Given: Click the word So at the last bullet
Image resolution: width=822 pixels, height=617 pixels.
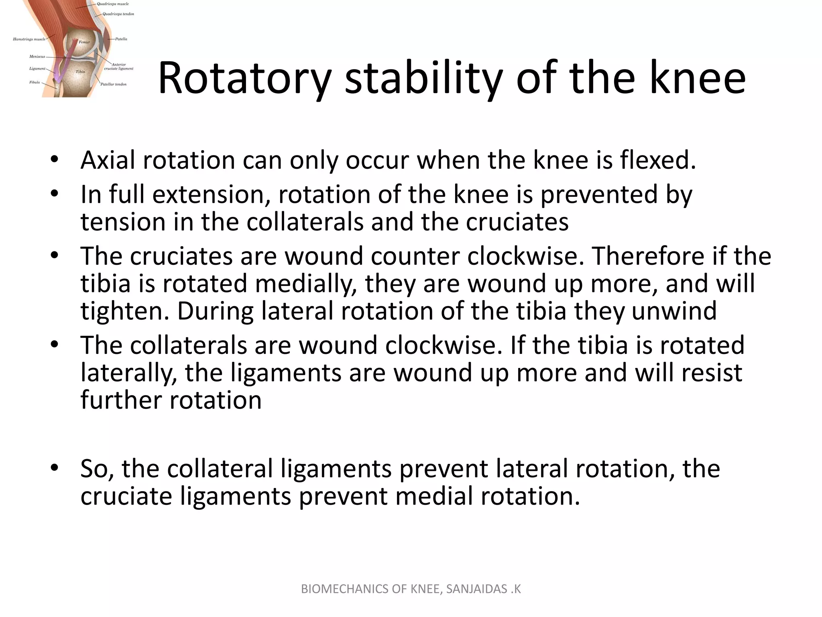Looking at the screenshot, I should (x=97, y=469).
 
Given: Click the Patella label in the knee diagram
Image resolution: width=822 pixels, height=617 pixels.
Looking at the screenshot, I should (x=121, y=39).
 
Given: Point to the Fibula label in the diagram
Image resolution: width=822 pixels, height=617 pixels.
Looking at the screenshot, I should (x=35, y=82).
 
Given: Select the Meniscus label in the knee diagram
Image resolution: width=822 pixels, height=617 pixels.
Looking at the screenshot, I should (x=37, y=57).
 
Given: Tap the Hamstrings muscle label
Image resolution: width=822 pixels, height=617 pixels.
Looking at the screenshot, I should (x=29, y=39).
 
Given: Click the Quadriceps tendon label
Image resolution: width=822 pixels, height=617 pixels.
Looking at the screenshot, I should (x=118, y=14).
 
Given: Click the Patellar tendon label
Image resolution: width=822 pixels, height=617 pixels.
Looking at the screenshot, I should (x=113, y=84).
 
